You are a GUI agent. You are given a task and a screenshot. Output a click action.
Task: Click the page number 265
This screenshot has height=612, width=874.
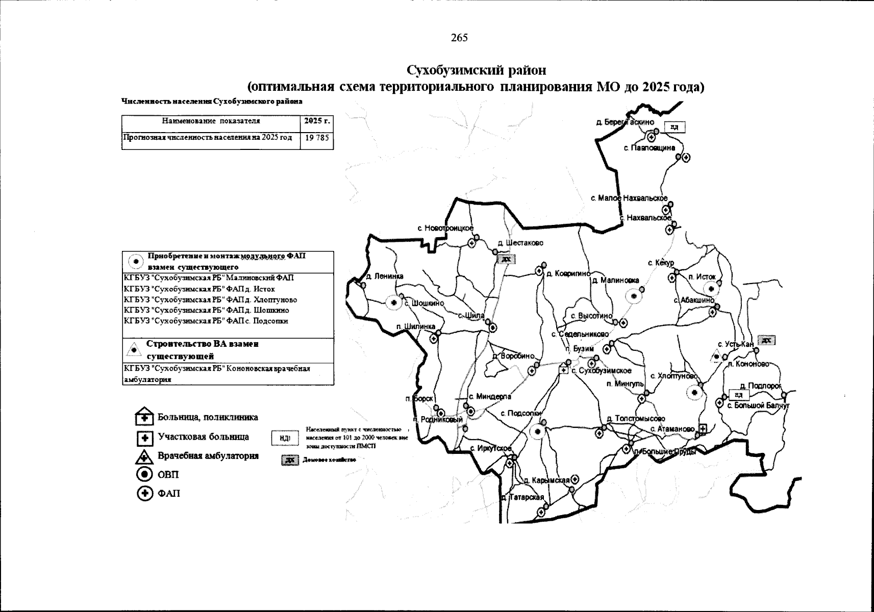[x=459, y=38]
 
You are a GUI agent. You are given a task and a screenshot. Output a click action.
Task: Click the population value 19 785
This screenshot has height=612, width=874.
[x=317, y=138]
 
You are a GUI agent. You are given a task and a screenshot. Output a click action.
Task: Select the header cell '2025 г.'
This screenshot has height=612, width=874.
[x=317, y=121]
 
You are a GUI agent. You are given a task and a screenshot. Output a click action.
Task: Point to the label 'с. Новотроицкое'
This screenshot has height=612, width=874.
[x=445, y=228]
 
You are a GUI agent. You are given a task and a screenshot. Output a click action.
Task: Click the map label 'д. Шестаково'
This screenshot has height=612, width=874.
[x=520, y=243]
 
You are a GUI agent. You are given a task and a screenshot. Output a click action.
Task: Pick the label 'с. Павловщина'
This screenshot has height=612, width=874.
[x=650, y=148]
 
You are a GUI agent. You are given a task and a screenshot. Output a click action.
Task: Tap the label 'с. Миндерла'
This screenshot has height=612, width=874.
[x=490, y=396]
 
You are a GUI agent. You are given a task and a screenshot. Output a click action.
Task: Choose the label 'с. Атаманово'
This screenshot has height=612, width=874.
[x=672, y=429]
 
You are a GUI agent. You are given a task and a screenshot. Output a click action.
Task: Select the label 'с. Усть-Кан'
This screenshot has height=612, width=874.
[x=735, y=345]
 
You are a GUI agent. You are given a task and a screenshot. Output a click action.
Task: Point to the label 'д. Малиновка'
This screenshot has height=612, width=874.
[x=616, y=280]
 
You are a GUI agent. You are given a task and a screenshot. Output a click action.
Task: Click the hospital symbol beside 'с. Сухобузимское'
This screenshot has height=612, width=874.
[x=564, y=370]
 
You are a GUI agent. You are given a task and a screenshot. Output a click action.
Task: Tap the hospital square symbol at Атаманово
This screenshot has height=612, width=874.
[x=702, y=429]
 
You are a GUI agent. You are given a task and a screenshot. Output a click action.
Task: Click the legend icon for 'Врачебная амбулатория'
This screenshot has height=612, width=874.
[x=145, y=456]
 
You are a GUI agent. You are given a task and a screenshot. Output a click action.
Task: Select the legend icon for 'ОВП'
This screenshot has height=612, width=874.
[x=145, y=475]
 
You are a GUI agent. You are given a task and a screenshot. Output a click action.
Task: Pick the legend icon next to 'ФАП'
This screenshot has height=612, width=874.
[x=145, y=494]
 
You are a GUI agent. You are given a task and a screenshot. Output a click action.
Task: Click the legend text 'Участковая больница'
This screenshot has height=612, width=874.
[x=203, y=437]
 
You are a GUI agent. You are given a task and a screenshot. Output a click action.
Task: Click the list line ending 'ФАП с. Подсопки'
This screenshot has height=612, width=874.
[x=206, y=321]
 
